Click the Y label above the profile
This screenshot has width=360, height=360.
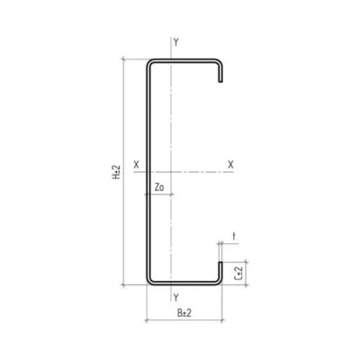point(175,42)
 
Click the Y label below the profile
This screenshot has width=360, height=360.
point(175,297)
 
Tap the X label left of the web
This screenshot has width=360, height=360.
point(137,164)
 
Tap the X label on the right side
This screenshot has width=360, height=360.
point(230,164)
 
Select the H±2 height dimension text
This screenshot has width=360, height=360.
point(117,172)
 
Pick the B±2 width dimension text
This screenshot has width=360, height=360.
point(184,313)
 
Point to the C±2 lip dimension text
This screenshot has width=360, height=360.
point(238,273)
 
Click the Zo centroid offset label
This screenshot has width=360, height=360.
point(159,187)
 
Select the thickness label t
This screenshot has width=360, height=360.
point(234,237)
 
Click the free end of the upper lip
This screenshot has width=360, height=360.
point(220,81)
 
